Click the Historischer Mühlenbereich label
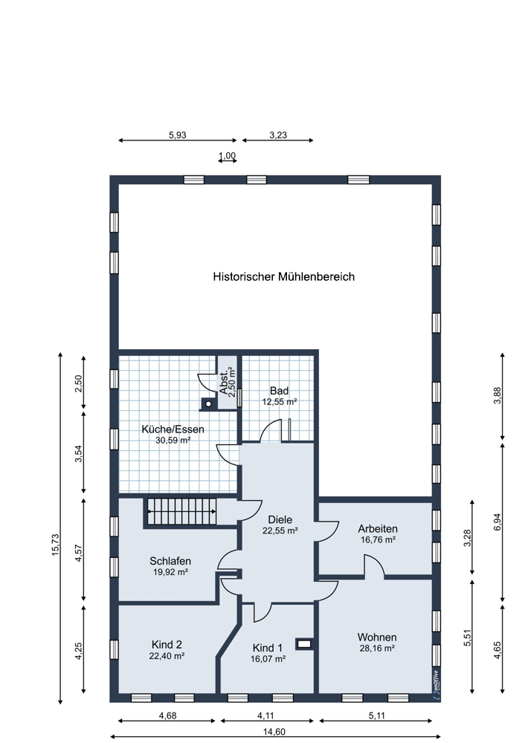tap(283, 276)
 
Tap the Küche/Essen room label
tap(173, 429)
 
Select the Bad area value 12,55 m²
tap(280, 402)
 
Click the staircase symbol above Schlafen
tap(182, 511)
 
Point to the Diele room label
tap(280, 520)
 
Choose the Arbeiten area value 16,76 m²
tap(378, 539)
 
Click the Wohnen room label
tap(377, 637)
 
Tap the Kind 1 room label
tap(268, 648)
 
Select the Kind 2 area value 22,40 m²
tap(167, 656)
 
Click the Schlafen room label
tap(170, 561)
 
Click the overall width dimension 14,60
tap(274, 732)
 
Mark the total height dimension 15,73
tap(56, 545)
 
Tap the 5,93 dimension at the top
tap(178, 135)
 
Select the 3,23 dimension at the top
tap(278, 135)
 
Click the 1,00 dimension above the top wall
tap(227, 155)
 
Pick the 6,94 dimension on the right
tap(497, 522)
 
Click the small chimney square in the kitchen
tap(207, 404)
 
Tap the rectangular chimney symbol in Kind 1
tap(304, 644)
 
